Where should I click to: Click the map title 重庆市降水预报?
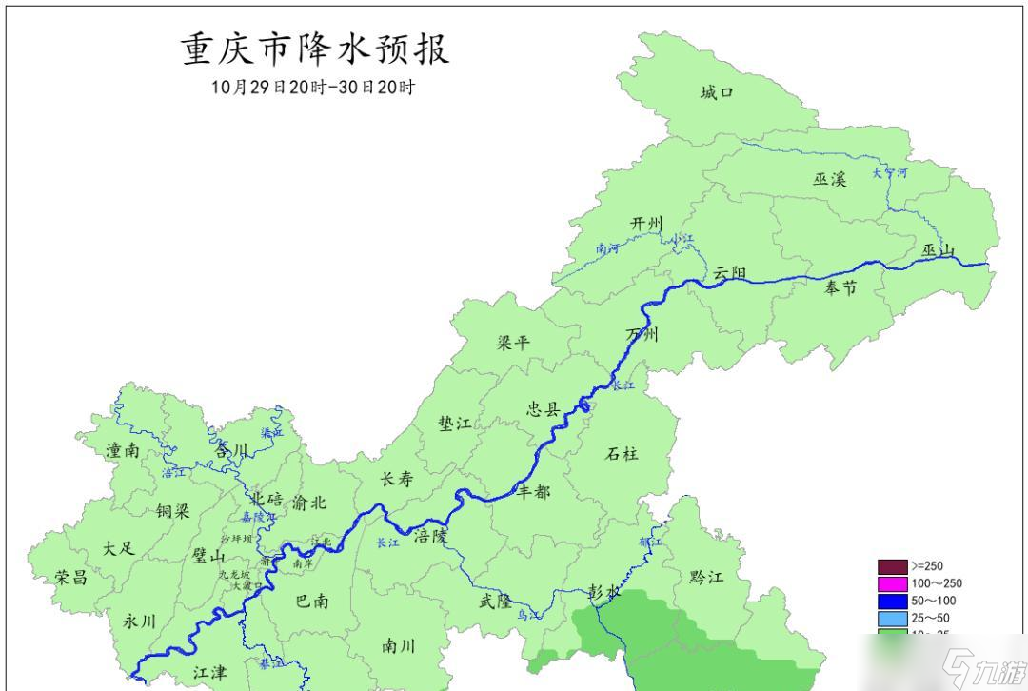click(x=315, y=49)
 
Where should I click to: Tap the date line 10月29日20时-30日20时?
click(x=313, y=87)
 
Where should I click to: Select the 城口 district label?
click(x=717, y=93)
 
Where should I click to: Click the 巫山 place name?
click(x=938, y=250)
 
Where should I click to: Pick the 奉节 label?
click(x=840, y=286)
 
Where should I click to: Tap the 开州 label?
click(x=645, y=224)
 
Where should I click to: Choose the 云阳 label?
click(x=730, y=273)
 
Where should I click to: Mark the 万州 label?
click(x=642, y=334)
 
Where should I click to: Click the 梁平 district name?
click(x=513, y=343)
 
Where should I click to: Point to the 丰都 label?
click(x=533, y=491)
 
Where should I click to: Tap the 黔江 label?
click(x=705, y=578)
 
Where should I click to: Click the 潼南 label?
click(x=123, y=450)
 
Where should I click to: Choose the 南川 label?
click(x=398, y=646)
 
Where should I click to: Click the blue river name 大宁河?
click(x=890, y=174)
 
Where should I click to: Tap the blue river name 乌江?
click(x=527, y=616)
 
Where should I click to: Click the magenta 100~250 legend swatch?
click(x=892, y=582)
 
